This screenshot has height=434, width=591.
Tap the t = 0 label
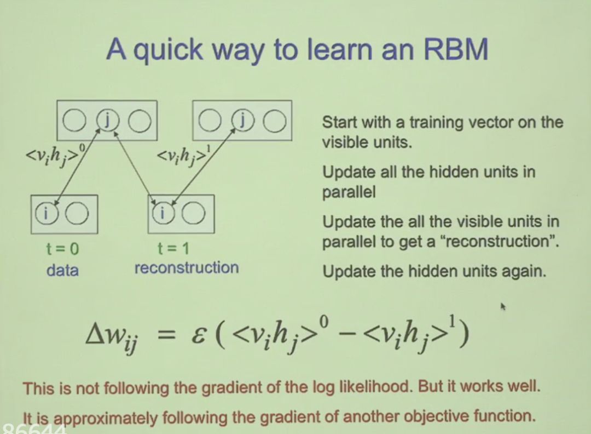point(62,249)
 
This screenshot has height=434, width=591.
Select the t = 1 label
point(173,249)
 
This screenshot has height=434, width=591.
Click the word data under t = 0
point(62,270)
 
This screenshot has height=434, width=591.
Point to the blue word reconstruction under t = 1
point(186,268)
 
